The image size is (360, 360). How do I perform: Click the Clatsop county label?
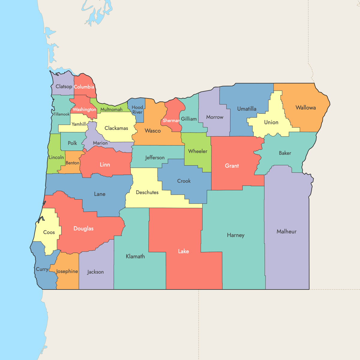pos(64,86)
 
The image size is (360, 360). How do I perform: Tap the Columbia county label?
pos(84,87)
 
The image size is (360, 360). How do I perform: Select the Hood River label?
pos(137,110)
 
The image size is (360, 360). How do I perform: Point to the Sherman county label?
pos(171,121)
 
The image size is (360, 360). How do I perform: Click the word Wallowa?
pos(305,108)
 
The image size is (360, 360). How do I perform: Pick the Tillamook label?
pos(61,114)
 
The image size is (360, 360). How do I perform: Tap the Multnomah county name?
pos(111,109)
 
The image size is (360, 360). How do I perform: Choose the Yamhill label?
pos(79,124)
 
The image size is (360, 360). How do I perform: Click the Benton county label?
pos(73,163)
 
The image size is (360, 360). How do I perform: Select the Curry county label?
pos(42,269)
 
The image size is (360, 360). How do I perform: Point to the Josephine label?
pos(67,271)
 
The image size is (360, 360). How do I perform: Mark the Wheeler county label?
pos(198,151)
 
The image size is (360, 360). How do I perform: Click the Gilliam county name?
pos(189,119)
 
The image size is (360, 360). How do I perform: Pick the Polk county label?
pos(72,143)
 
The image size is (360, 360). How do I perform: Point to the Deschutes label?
pos(147,192)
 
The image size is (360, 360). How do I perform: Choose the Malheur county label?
pos(286,231)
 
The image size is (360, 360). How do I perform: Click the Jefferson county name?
pos(155,157)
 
